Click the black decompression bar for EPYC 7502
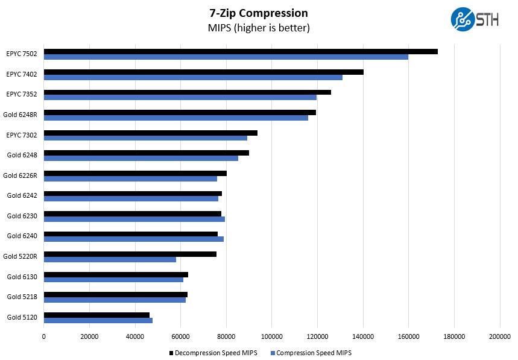coord(241,51)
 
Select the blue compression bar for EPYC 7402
coord(193,77)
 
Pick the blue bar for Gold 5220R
coord(110,260)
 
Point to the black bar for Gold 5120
coord(96,315)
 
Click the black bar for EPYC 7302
coord(151,133)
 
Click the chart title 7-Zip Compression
coord(259,13)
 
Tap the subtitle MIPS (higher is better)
coord(259,28)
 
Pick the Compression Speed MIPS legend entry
coord(311,353)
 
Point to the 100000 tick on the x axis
coord(271,337)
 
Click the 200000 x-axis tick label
coord(499,337)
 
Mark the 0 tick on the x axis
coord(44,337)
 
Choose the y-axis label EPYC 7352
coord(22,94)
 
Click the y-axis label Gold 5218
coord(22,297)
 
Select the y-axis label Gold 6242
coord(22,195)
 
